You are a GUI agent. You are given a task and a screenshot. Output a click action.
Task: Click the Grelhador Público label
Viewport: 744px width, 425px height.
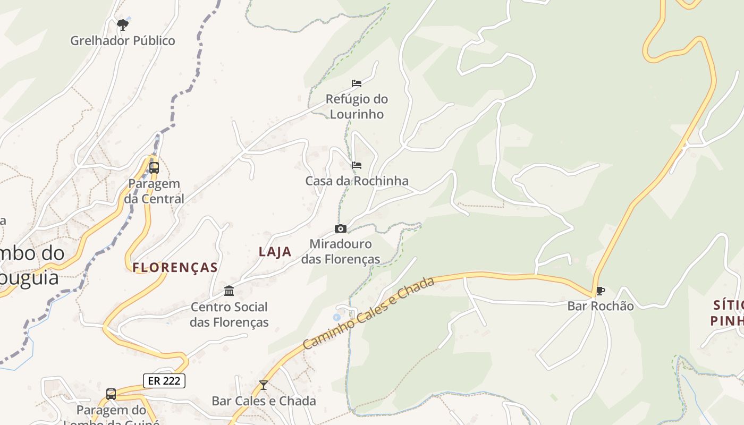pyautogui.click(x=123, y=40)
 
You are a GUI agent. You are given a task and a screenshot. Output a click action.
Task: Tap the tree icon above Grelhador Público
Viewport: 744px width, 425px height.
pyautogui.click(x=123, y=24)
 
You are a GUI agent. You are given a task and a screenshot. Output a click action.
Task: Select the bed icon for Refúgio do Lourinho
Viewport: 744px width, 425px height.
pyautogui.click(x=357, y=83)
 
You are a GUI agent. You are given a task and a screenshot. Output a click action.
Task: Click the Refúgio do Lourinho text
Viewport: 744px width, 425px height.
pyautogui.click(x=357, y=106)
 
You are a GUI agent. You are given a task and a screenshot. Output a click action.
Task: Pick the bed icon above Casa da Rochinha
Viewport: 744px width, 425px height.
pyautogui.click(x=357, y=165)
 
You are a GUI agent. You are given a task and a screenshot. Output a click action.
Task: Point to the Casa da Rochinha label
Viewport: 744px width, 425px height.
pyautogui.click(x=357, y=181)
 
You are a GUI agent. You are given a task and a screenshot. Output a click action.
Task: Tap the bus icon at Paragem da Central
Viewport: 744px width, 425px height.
pyautogui.click(x=154, y=168)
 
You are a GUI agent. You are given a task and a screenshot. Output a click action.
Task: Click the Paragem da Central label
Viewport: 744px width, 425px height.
pyautogui.click(x=154, y=191)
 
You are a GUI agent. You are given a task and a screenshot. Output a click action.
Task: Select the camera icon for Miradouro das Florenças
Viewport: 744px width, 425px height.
pyautogui.click(x=341, y=229)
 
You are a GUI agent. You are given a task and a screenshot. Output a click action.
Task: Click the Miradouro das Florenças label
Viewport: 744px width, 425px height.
pyautogui.click(x=341, y=252)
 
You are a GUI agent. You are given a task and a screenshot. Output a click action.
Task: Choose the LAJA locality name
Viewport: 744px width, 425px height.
pyautogui.click(x=275, y=252)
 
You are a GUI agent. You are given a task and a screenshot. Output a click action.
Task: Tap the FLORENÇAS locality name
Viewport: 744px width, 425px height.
pyautogui.click(x=175, y=268)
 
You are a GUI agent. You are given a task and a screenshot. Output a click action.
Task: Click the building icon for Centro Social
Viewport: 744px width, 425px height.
pyautogui.click(x=229, y=291)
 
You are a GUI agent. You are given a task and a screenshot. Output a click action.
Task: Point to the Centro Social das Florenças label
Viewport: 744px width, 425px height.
pyautogui.click(x=229, y=314)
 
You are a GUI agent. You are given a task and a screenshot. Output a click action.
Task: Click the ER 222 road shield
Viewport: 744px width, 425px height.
pyautogui.click(x=164, y=380)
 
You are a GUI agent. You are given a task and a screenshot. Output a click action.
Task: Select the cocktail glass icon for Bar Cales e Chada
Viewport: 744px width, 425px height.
pyautogui.click(x=263, y=385)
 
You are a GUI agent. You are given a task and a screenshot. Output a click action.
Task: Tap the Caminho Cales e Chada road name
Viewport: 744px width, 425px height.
pyautogui.click(x=369, y=313)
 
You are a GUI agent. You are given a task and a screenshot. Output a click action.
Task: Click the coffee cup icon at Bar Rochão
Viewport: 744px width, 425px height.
pyautogui.click(x=601, y=291)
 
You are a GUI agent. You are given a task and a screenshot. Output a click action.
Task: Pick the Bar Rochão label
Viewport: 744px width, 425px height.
pyautogui.click(x=601, y=306)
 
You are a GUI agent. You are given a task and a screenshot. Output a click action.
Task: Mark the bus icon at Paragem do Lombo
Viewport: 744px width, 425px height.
pyautogui.click(x=111, y=394)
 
